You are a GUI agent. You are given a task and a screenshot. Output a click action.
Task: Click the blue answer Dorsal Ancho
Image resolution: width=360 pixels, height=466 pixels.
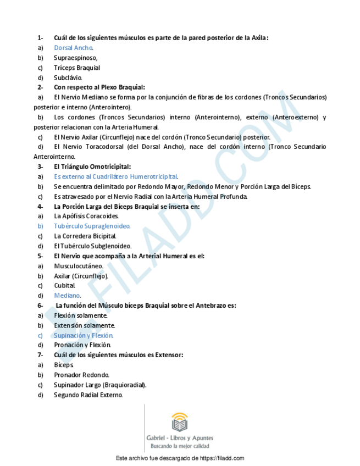73,48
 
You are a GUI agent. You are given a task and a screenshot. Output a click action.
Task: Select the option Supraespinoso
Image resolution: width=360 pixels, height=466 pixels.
75,58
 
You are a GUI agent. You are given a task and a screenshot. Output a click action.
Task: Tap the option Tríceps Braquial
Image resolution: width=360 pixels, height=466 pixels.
77,68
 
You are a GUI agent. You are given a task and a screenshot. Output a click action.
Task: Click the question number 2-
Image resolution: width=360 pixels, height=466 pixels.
40,87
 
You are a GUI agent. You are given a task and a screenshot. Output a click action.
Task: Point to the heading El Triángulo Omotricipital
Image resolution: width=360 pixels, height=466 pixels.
92,167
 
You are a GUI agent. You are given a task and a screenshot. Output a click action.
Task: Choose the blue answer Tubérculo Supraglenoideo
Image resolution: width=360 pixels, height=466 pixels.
92,226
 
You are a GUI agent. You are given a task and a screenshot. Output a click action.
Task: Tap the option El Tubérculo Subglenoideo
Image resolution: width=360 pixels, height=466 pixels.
92,246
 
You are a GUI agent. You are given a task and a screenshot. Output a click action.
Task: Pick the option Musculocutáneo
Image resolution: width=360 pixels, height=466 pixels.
78,265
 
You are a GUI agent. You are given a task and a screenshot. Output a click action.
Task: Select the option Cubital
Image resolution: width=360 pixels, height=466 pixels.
64,285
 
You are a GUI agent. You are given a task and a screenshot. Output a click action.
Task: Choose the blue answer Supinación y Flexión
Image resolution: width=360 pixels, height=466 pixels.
84,335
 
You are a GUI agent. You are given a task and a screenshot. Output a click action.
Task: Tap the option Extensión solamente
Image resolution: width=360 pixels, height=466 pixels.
84,325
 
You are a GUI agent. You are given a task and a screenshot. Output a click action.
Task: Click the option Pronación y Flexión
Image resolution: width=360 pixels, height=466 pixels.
82,345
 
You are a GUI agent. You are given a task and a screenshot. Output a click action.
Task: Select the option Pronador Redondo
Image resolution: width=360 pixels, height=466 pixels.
81,375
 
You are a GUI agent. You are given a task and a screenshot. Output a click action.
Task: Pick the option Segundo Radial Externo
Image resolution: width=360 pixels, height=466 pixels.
88,395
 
